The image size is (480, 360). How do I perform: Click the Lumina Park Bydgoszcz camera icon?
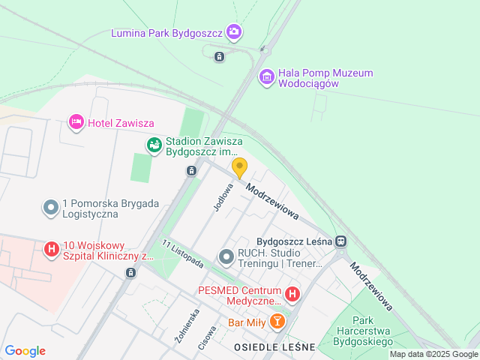click(x=235, y=31)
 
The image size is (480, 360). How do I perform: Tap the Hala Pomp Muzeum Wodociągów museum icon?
click(x=266, y=76)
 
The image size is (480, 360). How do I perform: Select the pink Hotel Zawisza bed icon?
click(x=76, y=122)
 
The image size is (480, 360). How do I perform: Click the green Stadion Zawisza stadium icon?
click(x=154, y=144)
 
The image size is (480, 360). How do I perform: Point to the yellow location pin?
click(x=239, y=168)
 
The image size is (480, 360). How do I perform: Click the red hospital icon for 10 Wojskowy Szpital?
click(x=52, y=249)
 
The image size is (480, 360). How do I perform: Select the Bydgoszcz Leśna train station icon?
click(x=341, y=241)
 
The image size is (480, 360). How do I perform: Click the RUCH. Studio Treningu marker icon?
click(x=226, y=257)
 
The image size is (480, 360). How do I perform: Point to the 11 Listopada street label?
click(x=182, y=254)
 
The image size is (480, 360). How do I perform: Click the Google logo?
click(x=25, y=351)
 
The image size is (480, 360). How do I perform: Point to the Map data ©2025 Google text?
click(x=433, y=354)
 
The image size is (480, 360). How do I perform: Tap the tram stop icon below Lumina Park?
click(x=218, y=56)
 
